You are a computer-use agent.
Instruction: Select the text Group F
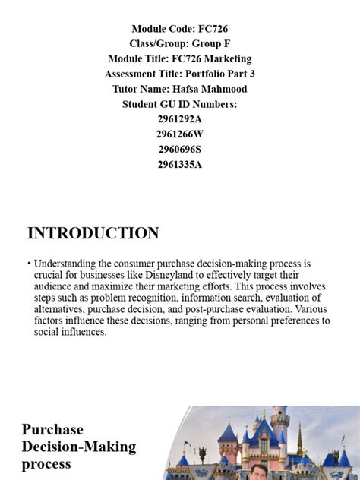point(213,44)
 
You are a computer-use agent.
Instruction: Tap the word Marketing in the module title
point(225,58)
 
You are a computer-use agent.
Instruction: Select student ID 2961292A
point(180,119)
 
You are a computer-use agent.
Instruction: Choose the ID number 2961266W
point(180,134)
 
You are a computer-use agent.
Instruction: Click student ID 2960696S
point(180,149)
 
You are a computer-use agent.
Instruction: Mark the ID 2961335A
point(180,164)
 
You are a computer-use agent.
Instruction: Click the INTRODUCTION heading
point(93,233)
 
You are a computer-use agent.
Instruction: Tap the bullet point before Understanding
point(29,264)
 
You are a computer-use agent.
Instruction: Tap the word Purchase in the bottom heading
point(52,429)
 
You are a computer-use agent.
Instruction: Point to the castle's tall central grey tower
point(279,425)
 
